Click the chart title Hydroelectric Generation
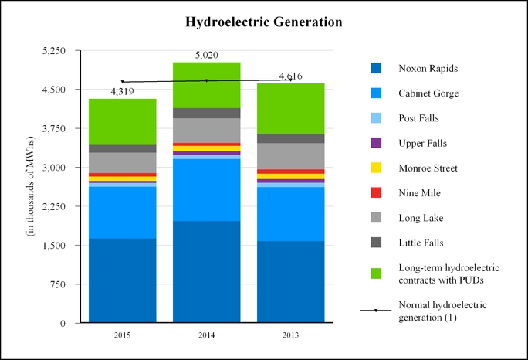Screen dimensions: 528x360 pyautogui.click(x=264, y=22)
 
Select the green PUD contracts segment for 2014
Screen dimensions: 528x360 pyautogui.click(x=206, y=85)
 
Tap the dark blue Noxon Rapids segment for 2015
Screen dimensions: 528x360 pyautogui.click(x=122, y=280)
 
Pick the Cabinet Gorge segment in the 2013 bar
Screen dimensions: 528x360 pyautogui.click(x=290, y=214)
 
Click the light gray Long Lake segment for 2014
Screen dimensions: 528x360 pyautogui.click(x=206, y=131)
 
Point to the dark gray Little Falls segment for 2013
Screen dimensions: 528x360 pyautogui.click(x=290, y=138)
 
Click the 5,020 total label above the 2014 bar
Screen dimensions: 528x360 pyautogui.click(x=206, y=55)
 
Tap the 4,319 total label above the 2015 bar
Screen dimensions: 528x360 pyautogui.click(x=122, y=91)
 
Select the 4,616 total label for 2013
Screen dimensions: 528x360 pyautogui.click(x=290, y=76)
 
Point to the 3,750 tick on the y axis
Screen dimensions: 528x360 pyautogui.click(x=53, y=128)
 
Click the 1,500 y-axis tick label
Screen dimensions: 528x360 pyautogui.click(x=53, y=245)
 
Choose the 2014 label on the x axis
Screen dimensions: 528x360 pyautogui.click(x=206, y=335)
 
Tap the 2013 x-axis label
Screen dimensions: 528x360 pyautogui.click(x=290, y=335)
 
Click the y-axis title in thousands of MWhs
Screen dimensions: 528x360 pyautogui.click(x=30, y=186)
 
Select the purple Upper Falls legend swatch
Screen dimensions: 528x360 pyautogui.click(x=376, y=143)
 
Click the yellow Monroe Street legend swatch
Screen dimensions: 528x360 pyautogui.click(x=376, y=168)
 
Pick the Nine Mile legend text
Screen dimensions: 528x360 pyautogui.click(x=420, y=193)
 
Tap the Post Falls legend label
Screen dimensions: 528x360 pyautogui.click(x=419, y=118)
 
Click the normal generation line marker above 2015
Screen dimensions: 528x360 pyautogui.click(x=122, y=82)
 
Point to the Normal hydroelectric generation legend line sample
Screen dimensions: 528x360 pyautogui.click(x=376, y=311)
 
